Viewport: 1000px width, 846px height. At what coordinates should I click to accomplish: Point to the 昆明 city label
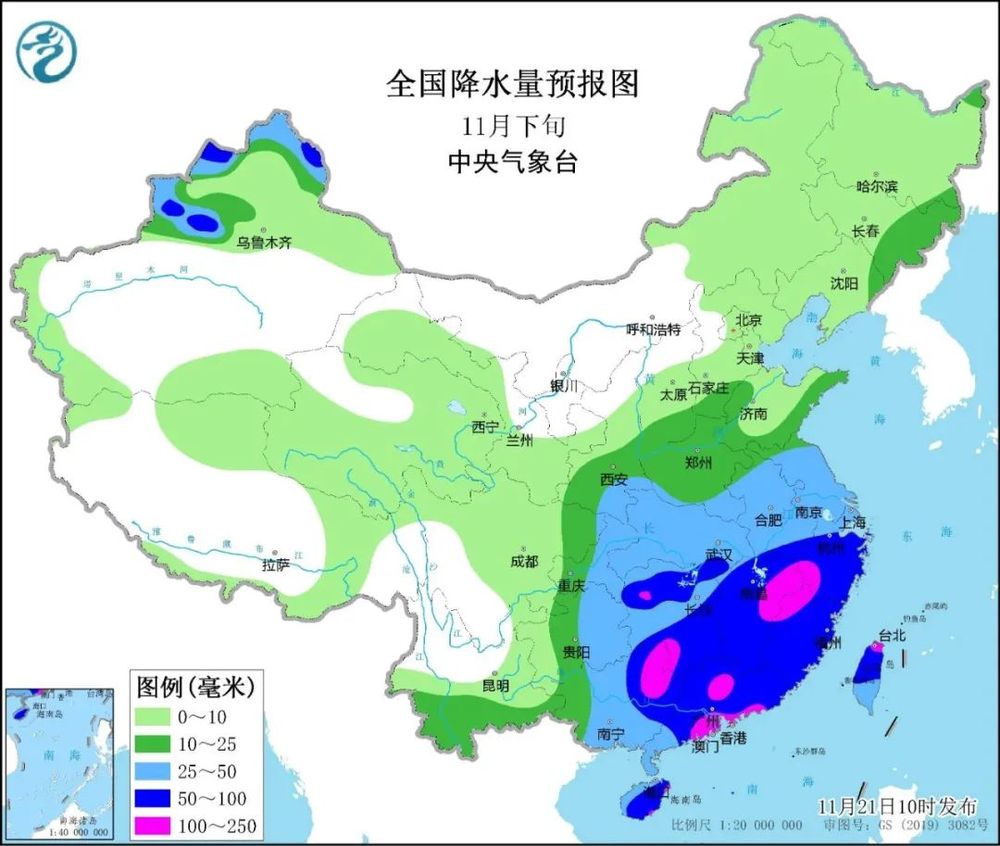coord(495,686)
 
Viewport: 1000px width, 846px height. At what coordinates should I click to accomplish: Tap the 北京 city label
coord(749,320)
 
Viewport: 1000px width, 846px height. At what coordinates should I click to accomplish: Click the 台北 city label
coord(891,635)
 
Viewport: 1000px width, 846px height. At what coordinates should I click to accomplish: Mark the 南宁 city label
coord(610,735)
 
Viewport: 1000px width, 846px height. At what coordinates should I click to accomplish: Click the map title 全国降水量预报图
coord(513,84)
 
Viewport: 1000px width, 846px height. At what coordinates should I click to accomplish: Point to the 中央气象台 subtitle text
coord(513,162)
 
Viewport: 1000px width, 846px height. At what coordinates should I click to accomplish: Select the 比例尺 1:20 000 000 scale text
coord(736,825)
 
